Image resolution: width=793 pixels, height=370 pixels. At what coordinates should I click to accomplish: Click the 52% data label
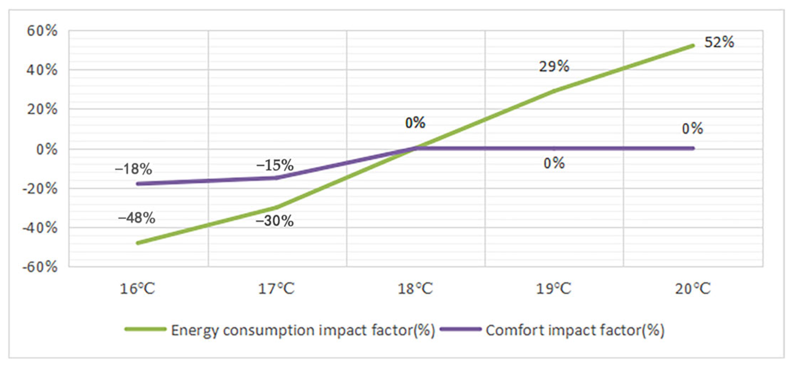pos(719,42)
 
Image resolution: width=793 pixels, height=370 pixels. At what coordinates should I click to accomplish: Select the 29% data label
pos(554,67)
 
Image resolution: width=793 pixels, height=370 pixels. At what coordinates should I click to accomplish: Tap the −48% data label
pos(136,218)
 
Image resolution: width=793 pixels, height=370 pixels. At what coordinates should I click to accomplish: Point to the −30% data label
pos(274,221)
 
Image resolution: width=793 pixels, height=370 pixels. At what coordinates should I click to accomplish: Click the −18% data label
pos(133,169)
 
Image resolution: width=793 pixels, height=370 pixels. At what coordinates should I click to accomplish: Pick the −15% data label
pos(275,165)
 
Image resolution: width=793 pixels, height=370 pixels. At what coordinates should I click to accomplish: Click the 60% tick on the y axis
pos(42,31)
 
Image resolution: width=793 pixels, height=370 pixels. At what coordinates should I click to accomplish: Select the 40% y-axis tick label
pos(42,70)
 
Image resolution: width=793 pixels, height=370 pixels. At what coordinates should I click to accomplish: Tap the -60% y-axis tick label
pos(40,267)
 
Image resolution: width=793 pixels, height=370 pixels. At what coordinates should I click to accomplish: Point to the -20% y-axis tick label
pos(40,188)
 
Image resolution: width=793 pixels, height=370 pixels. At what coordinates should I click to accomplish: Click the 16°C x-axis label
pos(137,289)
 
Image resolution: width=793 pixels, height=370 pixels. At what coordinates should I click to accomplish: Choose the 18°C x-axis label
pos(415,289)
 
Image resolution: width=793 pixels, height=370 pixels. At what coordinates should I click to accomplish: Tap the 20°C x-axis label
pos(692,289)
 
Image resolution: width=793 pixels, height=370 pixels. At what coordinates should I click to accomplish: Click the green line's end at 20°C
pos(692,46)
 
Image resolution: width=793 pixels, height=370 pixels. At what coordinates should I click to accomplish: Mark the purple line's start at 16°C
pos(138,183)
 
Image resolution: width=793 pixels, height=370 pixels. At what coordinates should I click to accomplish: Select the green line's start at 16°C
pos(138,243)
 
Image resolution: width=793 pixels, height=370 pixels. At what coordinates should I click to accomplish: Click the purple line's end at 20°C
pos(692,148)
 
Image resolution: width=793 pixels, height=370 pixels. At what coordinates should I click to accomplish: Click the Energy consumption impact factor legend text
pos(303,330)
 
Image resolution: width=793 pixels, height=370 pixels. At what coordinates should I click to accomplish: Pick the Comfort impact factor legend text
pos(575,330)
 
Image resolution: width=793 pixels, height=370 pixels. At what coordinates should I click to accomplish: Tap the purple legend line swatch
pos(461,329)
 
